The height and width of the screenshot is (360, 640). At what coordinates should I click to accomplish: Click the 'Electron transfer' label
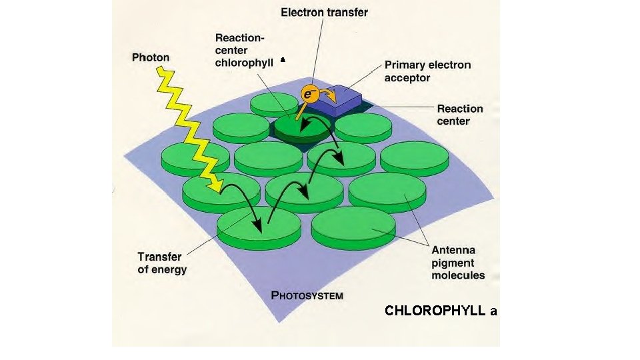324,12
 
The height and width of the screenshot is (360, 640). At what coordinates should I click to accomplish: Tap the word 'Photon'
150,57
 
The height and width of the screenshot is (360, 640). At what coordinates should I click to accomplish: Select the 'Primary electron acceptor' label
427,71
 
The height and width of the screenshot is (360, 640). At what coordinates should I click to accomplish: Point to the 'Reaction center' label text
459,115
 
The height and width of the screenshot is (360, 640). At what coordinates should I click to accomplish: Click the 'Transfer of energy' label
162,263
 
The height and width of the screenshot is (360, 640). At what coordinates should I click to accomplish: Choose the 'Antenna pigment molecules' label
458,263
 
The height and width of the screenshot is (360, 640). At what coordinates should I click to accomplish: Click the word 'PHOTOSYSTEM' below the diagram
307,295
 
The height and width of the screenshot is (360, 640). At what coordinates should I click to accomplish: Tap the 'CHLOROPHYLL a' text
441,311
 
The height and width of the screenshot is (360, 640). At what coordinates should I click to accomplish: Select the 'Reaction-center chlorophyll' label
244,51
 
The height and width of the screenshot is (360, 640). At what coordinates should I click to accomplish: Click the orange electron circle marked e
308,94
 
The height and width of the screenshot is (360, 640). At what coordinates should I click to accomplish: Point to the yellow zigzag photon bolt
187,127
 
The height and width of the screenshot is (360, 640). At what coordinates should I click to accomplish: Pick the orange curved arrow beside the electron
327,92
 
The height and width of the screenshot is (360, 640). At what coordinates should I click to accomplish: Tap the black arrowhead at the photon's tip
217,183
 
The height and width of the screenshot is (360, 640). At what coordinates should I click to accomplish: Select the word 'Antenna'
453,250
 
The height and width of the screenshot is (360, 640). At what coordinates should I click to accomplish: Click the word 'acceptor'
407,78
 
